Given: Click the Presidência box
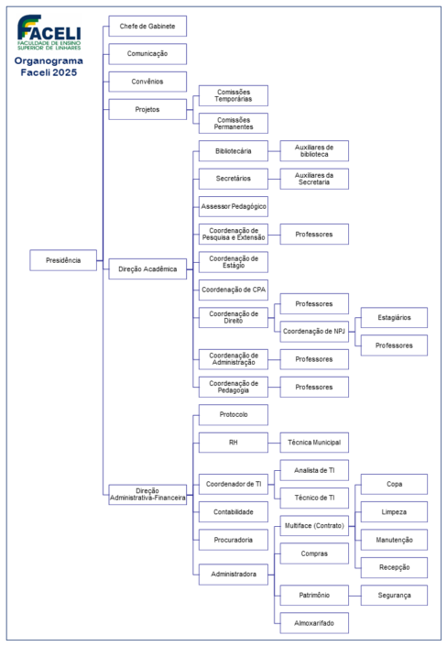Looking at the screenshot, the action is click(x=63, y=260).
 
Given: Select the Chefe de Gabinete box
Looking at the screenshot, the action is click(x=147, y=26).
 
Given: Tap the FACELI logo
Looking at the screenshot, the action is click(x=49, y=33).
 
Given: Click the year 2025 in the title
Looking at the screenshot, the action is click(x=66, y=72).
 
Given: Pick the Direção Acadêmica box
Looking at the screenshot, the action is click(x=147, y=269).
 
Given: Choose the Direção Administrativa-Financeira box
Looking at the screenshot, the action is click(x=147, y=495).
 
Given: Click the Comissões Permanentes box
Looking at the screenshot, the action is click(x=234, y=123).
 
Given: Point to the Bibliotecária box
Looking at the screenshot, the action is click(x=234, y=151).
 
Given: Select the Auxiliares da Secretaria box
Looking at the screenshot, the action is click(x=314, y=179).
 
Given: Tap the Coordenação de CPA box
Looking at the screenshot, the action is click(x=234, y=290).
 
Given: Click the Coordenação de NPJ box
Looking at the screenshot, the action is click(x=314, y=331).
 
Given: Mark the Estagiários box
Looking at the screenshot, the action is click(x=394, y=318).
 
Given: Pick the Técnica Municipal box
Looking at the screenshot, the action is click(x=314, y=443).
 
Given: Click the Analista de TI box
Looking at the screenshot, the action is click(x=314, y=470).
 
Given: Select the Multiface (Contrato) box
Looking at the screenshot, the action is click(x=314, y=526).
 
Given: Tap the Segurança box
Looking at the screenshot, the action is click(x=394, y=596).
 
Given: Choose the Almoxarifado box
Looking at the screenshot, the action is click(x=314, y=623).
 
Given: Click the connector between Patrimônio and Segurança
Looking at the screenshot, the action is click(x=354, y=596).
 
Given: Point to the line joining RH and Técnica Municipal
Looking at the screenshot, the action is click(x=274, y=443).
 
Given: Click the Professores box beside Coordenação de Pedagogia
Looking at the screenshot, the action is click(x=314, y=387).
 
